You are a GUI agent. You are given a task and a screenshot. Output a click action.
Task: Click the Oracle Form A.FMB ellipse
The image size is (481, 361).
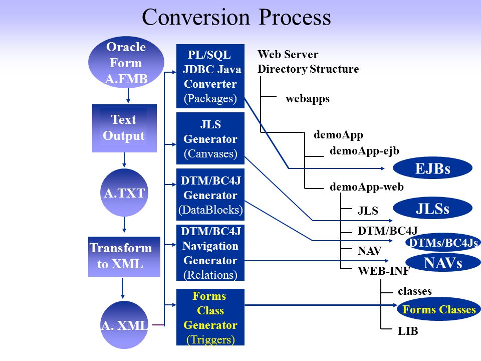(126, 62)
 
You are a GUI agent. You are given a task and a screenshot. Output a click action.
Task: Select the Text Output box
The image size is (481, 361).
(125, 128)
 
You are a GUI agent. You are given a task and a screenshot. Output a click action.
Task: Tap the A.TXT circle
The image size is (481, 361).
(124, 193)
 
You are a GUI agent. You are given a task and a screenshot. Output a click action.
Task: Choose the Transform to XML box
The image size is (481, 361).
(124, 257)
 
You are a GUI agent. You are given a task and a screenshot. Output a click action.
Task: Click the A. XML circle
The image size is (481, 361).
(124, 325)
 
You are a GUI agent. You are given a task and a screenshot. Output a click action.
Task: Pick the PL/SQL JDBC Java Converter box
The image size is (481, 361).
(210, 76)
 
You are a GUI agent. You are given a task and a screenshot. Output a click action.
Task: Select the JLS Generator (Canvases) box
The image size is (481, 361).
(210, 138)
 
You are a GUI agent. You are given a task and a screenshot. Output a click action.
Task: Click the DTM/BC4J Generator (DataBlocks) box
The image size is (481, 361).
(210, 195)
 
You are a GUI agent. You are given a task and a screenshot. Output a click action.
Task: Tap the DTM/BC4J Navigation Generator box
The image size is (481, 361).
(210, 253)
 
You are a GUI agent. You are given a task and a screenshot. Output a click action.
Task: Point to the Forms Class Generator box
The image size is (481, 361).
(210, 317)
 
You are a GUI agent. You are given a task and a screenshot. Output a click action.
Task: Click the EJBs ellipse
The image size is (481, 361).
(432, 168)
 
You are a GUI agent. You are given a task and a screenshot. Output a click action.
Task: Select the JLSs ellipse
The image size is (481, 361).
(432, 208)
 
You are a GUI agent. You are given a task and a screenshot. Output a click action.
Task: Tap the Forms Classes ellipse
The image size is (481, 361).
(439, 309)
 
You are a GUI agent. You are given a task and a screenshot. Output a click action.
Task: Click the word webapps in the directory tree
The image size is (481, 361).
(307, 99)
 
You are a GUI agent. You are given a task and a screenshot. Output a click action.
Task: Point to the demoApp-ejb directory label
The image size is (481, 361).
(364, 151)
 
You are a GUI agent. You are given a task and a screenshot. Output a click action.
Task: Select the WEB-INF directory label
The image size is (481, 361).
(383, 271)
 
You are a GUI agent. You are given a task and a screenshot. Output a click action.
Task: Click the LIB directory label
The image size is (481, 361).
(408, 331)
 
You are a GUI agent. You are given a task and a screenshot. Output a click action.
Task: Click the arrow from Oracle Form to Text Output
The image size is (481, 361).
(128, 96)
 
